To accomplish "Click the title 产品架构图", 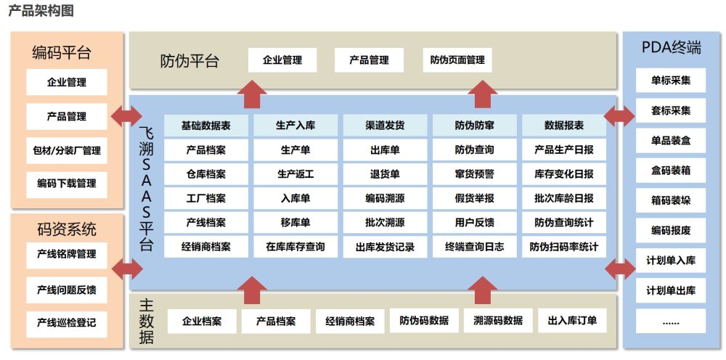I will tap(41, 11).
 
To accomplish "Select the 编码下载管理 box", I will tap(67, 184).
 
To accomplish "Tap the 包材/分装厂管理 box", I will tap(67, 150).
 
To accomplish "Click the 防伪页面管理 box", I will tap(457, 60).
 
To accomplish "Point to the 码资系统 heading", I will tap(67, 230).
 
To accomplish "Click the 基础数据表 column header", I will tap(206, 126).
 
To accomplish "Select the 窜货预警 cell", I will tap(475, 174).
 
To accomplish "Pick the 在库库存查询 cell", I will tap(295, 247).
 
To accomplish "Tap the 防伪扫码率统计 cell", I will tap(564, 247).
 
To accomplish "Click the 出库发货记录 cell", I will tap(385, 247).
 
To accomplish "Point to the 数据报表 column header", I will tap(564, 126).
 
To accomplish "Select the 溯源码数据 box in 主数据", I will tap(498, 321).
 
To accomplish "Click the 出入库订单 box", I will tap(573, 321).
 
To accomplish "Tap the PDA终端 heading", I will tap(672, 49).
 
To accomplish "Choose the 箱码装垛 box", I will tap(671, 200).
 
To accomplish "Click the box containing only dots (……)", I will tap(671, 321).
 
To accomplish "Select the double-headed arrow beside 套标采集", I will tap(619, 115).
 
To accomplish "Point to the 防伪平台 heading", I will tap(189, 61).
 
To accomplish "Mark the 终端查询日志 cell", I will tap(475, 247).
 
